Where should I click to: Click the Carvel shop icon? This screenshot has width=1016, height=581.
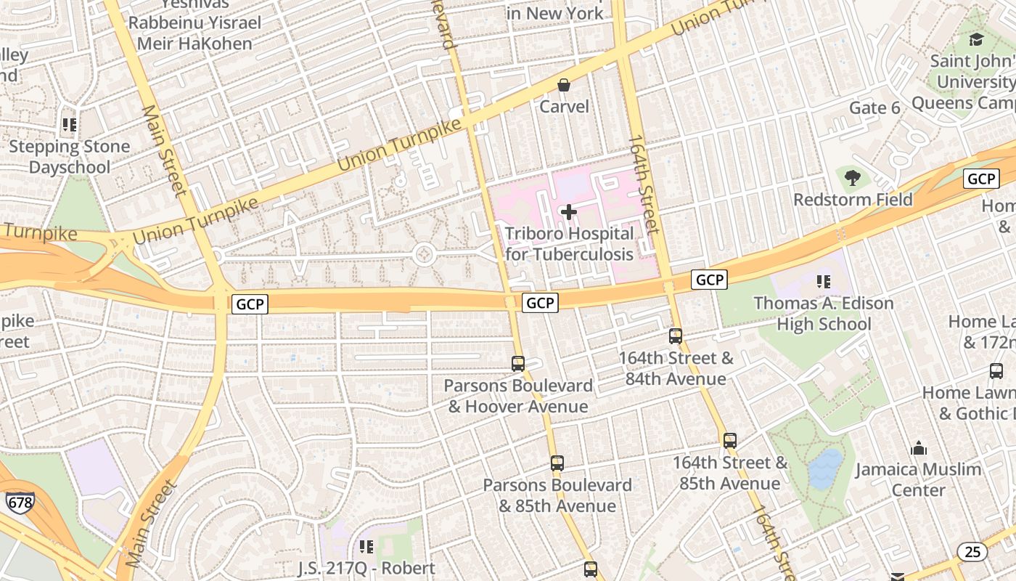pyautogui.click(x=564, y=86)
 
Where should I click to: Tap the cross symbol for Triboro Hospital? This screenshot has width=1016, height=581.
pyautogui.click(x=569, y=212)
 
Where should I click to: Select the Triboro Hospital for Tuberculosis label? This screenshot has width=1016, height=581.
pyautogui.click(x=569, y=244)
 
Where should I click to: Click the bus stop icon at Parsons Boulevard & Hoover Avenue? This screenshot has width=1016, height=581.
pyautogui.click(x=518, y=364)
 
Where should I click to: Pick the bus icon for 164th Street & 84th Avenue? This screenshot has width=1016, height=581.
pyautogui.click(x=676, y=336)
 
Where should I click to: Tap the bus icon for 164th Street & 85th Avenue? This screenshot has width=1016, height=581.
pyautogui.click(x=730, y=441)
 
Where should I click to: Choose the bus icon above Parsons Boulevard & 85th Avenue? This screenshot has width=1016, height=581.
pyautogui.click(x=557, y=463)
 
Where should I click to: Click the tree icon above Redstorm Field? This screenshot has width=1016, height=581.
pyautogui.click(x=853, y=177)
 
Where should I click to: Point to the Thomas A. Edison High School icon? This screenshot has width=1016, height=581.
pyautogui.click(x=824, y=282)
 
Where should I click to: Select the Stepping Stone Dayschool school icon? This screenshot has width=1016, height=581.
pyautogui.click(x=70, y=125)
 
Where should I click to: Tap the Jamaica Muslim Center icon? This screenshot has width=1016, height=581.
pyautogui.click(x=919, y=448)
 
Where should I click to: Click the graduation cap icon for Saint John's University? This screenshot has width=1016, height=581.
pyautogui.click(x=976, y=39)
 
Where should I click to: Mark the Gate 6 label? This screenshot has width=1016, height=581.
pyautogui.click(x=874, y=108)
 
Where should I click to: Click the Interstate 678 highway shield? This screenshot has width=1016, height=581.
pyautogui.click(x=20, y=502)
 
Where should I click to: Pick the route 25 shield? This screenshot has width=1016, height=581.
pyautogui.click(x=972, y=552)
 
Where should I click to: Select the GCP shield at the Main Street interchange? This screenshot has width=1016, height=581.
pyautogui.click(x=250, y=304)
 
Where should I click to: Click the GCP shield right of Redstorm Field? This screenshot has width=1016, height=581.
pyautogui.click(x=981, y=179)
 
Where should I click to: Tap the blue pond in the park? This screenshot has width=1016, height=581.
pyautogui.click(x=826, y=468)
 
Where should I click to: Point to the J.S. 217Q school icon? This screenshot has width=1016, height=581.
pyautogui.click(x=366, y=546)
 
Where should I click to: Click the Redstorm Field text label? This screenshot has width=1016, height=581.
pyautogui.click(x=853, y=200)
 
